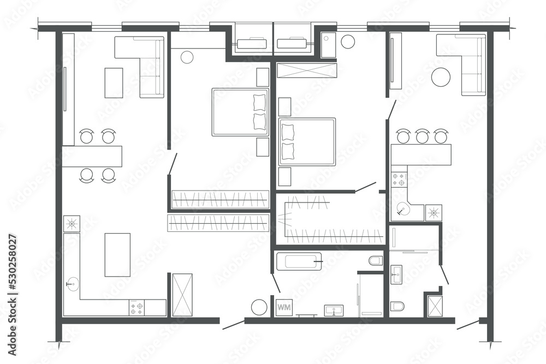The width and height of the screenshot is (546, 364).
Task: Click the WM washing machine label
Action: pyautogui.click(x=284, y=307)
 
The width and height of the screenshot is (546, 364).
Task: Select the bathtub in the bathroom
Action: pyautogui.click(x=299, y=261)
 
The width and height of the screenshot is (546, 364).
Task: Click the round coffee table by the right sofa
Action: pyautogui.click(x=441, y=77)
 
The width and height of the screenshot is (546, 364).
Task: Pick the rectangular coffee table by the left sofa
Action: pyautogui.click(x=114, y=82)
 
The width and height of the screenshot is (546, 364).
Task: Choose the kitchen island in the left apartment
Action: pyautogui.click(x=117, y=254)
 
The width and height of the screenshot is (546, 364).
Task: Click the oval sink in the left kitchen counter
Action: pyautogui.click(x=72, y=283)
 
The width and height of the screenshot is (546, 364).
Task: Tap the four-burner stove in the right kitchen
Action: pyautogui.click(x=399, y=180)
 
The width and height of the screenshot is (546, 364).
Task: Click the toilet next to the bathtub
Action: pyautogui.click(x=376, y=261)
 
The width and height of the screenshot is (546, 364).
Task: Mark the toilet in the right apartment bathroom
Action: pyautogui.click(x=397, y=306)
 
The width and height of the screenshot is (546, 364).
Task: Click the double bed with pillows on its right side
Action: pyautogui.click(x=240, y=112)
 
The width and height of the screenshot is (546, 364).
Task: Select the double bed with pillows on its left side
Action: pyautogui.click(x=307, y=141)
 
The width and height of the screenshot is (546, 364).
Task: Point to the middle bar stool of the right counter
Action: pyautogui.click(x=422, y=136)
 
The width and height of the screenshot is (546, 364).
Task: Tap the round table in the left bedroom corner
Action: pyautogui.click(x=187, y=57)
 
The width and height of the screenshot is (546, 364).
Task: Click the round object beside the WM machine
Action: pyautogui.click(x=259, y=307)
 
